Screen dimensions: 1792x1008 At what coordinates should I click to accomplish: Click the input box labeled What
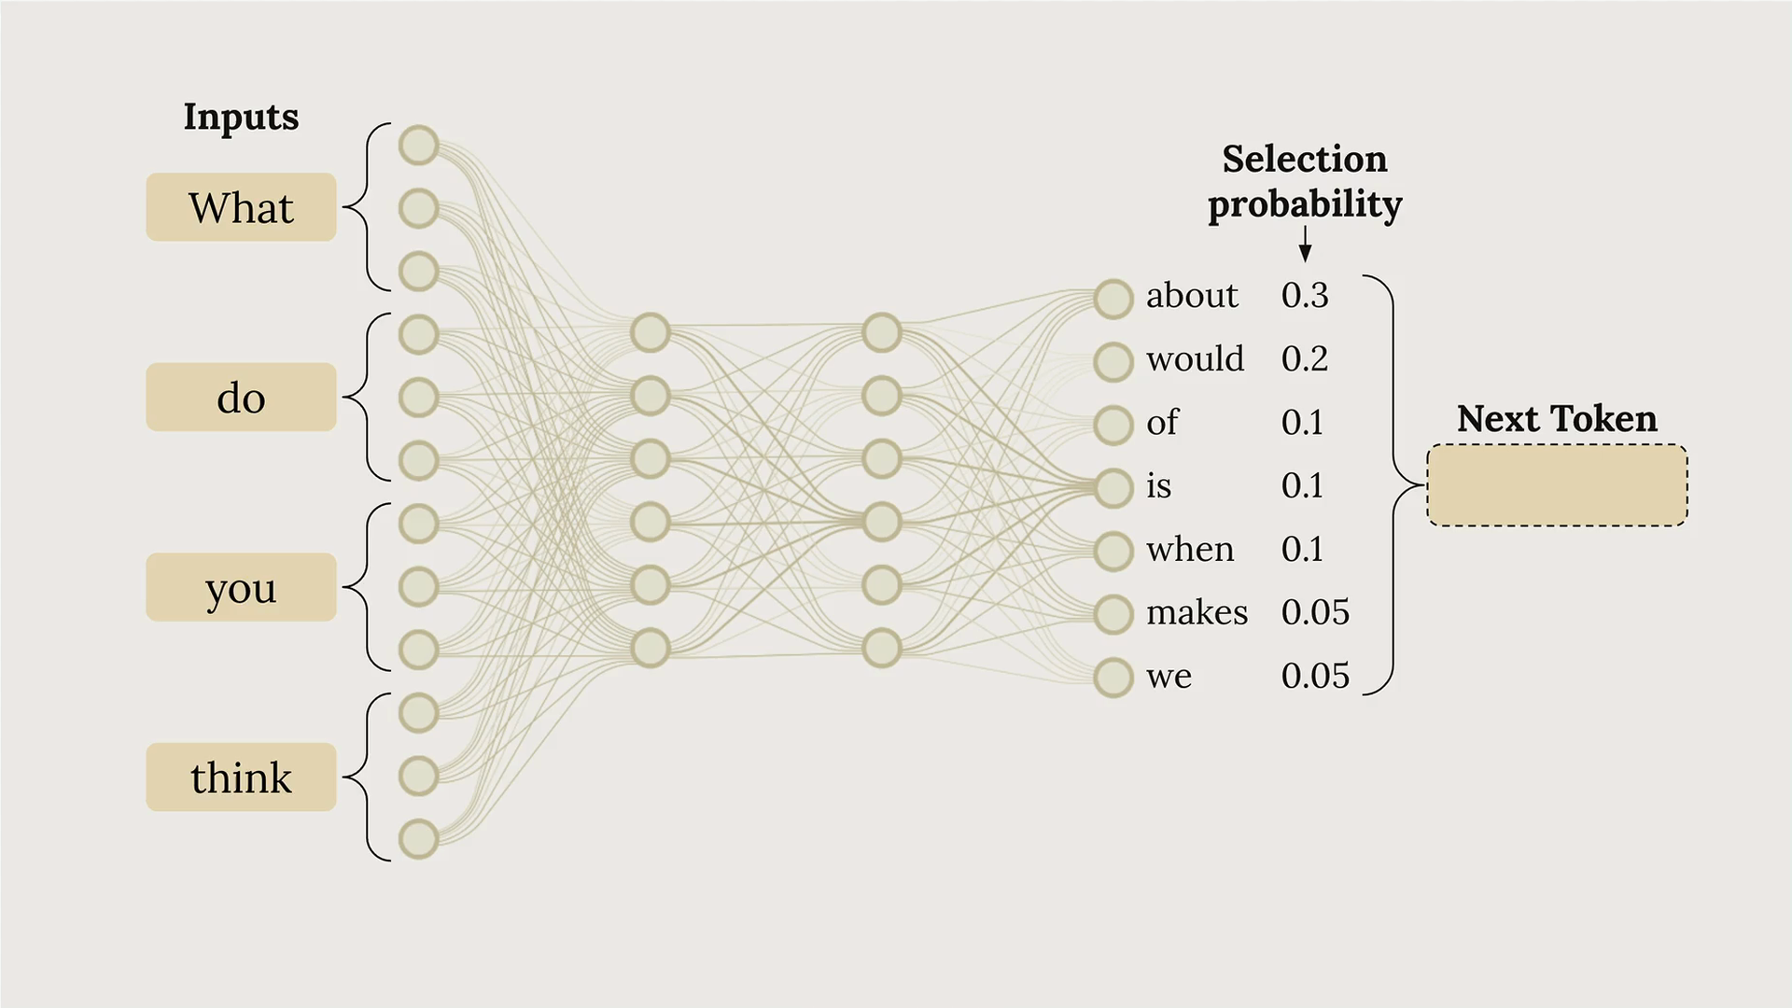(x=241, y=207)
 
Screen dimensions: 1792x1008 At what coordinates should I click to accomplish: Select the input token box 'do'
(x=241, y=398)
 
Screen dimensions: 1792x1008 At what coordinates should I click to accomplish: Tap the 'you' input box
(x=241, y=587)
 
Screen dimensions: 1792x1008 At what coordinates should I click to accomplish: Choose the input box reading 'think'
(x=241, y=777)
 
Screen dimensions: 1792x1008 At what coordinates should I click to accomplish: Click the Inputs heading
(x=241, y=118)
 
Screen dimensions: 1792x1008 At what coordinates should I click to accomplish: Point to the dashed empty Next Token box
(x=1557, y=485)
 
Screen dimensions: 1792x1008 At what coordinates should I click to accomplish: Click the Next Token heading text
(x=1557, y=418)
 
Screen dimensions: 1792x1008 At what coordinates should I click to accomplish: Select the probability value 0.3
(x=1305, y=295)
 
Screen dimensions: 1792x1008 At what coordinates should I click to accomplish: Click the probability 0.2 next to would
(x=1305, y=358)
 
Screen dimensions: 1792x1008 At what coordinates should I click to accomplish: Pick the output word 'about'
(x=1192, y=295)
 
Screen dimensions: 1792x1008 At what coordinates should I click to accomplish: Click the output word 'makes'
(x=1197, y=612)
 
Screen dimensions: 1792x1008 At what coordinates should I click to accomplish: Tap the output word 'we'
(x=1169, y=677)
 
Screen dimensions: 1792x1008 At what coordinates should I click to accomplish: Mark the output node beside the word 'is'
(x=1113, y=488)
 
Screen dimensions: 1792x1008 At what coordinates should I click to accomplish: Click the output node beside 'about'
(x=1113, y=299)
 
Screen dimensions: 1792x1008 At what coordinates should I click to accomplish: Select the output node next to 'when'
(x=1113, y=551)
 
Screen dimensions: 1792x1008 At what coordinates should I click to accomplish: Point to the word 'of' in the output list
(x=1163, y=422)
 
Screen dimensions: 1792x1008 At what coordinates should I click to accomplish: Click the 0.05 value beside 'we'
(x=1315, y=676)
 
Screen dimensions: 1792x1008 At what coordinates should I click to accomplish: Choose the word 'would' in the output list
(x=1195, y=358)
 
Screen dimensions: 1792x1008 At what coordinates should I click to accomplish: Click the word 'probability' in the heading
(x=1305, y=205)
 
